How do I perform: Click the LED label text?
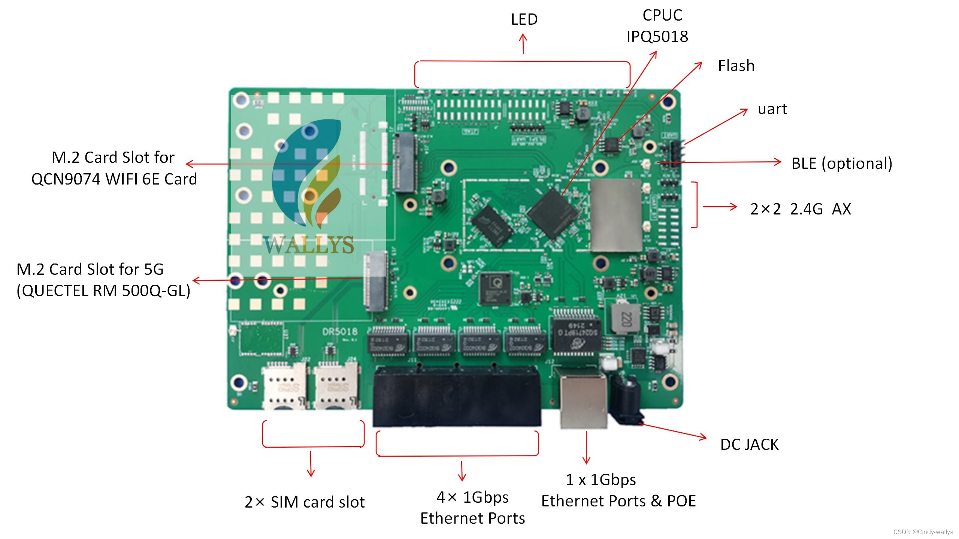524,19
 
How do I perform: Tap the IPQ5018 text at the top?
657,37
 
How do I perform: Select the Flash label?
736,66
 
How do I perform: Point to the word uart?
772,109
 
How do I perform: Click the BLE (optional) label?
841,164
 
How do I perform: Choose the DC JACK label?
749,445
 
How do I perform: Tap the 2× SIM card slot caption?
305,502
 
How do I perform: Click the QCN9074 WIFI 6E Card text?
114,179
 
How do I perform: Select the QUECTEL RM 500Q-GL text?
103,291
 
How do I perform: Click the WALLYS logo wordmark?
308,245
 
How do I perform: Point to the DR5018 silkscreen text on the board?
340,332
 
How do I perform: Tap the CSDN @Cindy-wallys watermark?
923,532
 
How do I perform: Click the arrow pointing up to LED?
523,43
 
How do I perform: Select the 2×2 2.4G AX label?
800,209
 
